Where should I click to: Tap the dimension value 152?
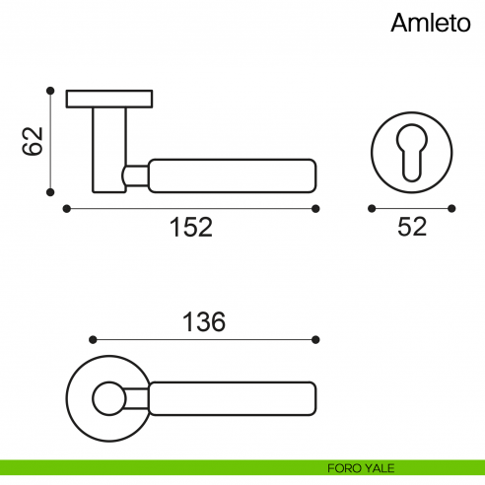coord(190,228)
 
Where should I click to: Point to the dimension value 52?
coord(411,228)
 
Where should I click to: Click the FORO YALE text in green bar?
coord(362,466)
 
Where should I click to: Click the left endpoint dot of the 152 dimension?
coord(65,208)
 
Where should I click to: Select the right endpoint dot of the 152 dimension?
coord(316,208)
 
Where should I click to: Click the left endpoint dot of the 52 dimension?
coord(371,208)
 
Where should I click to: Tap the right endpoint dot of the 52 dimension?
coord(451,208)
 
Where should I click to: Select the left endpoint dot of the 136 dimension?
coord(91,339)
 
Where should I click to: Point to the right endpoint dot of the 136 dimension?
coord(316,339)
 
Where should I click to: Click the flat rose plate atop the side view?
coord(108,99)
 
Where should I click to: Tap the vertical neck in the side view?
coord(108,148)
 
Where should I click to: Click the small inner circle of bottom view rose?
coord(106,399)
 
